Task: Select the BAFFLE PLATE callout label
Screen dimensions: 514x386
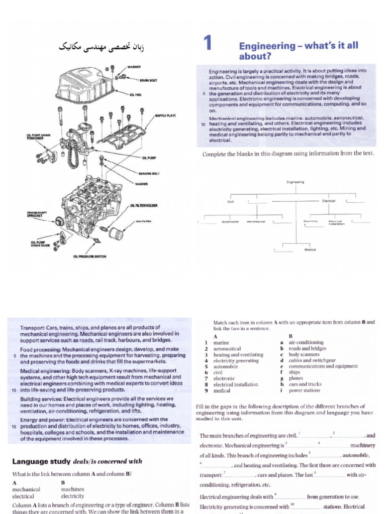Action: (165, 115)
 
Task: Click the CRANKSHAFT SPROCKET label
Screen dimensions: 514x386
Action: (38, 214)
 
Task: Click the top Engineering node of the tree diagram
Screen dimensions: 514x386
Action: (295, 183)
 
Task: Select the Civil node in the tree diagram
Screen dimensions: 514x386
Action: (231, 201)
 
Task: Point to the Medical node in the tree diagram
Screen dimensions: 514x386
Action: (310, 249)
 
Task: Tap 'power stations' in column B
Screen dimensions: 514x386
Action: (303, 390)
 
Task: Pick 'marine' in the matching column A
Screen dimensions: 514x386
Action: (222, 342)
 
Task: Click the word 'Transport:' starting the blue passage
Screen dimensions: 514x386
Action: (33, 327)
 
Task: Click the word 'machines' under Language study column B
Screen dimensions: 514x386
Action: (72, 489)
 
